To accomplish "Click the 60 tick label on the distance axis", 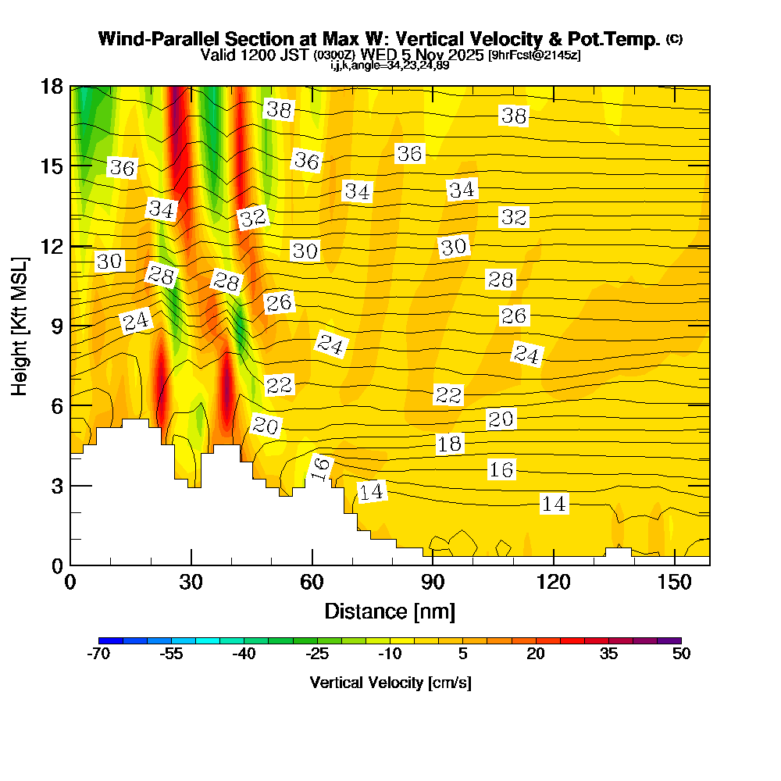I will pos(312,582).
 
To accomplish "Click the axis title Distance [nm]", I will pos(390,610).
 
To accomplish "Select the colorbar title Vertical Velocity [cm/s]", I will pos(390,683).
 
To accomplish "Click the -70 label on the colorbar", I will pos(98,654).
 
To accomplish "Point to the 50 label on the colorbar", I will pos(681,654).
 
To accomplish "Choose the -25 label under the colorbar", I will pos(317,654).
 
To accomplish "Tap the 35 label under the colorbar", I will pos(608,654).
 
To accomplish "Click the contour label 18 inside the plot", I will pos(449,444).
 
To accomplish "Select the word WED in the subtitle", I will pos(380,55).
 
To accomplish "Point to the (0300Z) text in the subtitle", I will pos(334,55).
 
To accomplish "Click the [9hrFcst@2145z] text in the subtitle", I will pos(533,55).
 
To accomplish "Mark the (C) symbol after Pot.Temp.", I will pos(674,38).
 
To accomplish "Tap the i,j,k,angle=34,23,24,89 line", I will pos(390,66).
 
